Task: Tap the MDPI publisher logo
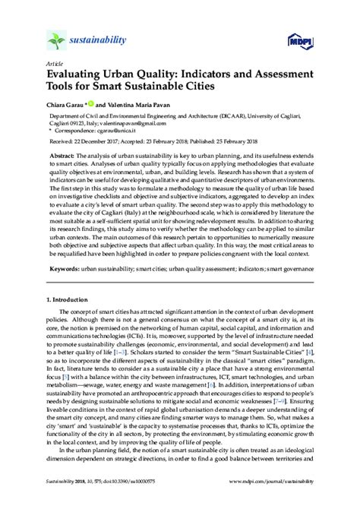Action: coord(301,43)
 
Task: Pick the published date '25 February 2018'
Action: coord(255,141)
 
